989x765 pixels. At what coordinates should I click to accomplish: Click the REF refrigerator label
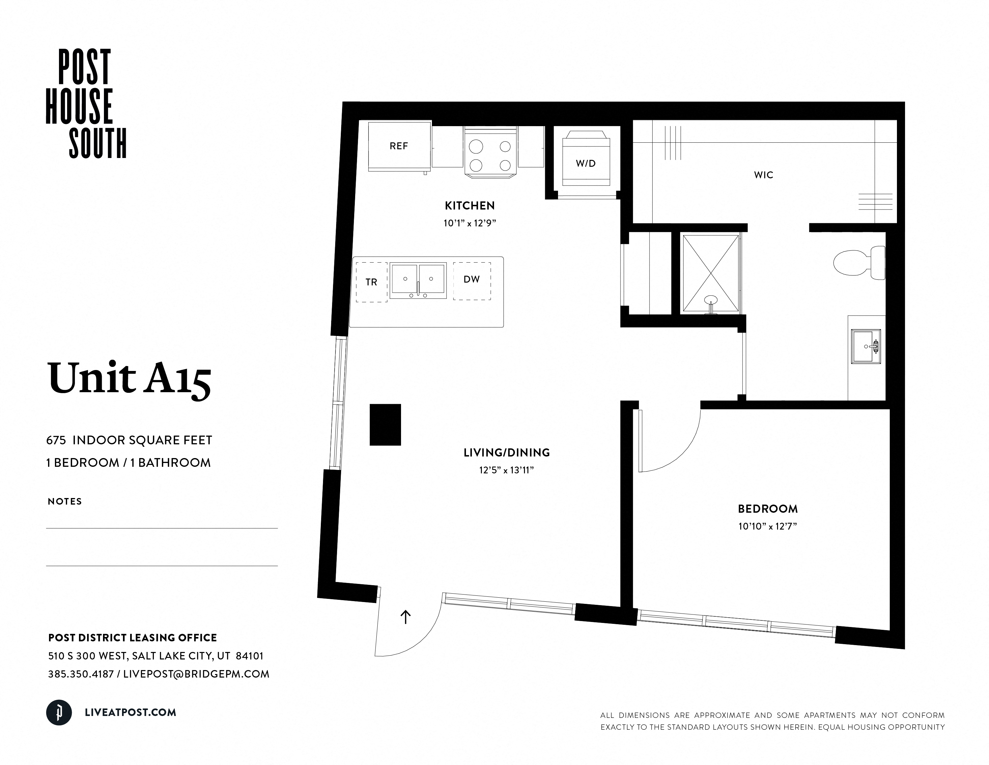399,146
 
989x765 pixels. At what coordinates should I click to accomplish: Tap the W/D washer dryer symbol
585,163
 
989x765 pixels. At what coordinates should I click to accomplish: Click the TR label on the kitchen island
371,282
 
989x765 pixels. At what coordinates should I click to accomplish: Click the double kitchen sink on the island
418,281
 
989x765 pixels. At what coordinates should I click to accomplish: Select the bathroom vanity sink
865,347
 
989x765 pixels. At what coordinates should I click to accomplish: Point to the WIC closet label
763,175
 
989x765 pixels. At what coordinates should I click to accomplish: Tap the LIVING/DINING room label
506,452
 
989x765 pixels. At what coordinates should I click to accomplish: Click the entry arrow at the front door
405,617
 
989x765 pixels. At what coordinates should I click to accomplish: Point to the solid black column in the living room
385,425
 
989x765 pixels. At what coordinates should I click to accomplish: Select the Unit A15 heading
129,378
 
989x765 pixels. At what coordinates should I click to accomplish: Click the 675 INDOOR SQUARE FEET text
129,440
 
